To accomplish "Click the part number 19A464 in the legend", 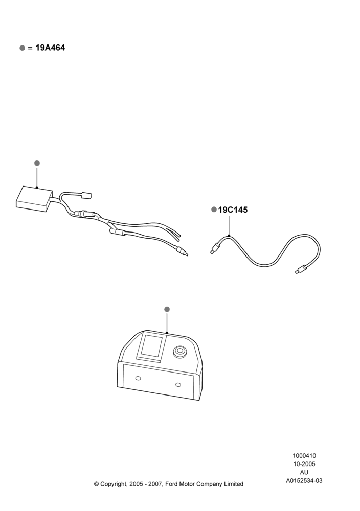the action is (x=50, y=48).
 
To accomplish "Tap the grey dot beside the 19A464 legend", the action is (x=22, y=48).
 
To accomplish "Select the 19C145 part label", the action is (x=233, y=210).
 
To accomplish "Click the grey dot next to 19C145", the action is (x=214, y=209).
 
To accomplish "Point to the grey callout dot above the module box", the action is (x=37, y=163).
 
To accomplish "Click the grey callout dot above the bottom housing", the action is (x=167, y=309).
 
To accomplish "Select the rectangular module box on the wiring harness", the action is (x=34, y=199).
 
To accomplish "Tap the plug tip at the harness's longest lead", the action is (x=182, y=251).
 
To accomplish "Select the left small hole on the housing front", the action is (x=138, y=378).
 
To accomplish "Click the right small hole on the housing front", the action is (x=178, y=385).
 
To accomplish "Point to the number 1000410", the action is (x=304, y=456).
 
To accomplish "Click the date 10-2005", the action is (x=304, y=464).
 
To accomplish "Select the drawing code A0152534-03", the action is (x=304, y=480).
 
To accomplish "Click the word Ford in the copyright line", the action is (x=171, y=484).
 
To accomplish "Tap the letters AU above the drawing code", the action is (x=304, y=472).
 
